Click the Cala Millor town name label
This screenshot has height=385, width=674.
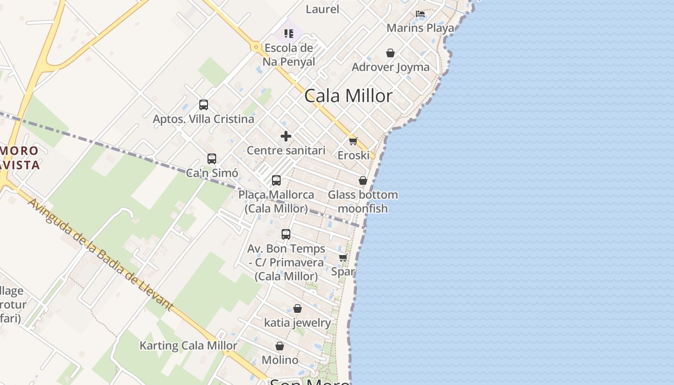pyautogui.click(x=349, y=96)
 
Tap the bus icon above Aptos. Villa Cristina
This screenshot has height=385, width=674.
pyautogui.click(x=204, y=105)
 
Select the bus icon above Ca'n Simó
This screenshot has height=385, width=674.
pyautogui.click(x=212, y=159)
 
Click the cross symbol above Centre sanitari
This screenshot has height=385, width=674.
pyautogui.click(x=286, y=136)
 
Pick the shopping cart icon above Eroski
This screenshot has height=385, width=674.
pyautogui.click(x=353, y=141)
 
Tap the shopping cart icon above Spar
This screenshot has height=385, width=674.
pyautogui.click(x=343, y=258)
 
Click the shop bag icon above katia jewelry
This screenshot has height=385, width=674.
pyautogui.click(x=298, y=308)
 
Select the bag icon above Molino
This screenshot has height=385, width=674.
pyautogui.click(x=280, y=346)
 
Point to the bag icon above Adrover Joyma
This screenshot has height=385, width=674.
pyautogui.click(x=390, y=52)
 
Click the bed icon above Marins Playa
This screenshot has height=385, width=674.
pyautogui.click(x=420, y=14)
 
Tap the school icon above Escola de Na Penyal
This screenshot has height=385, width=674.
pyautogui.click(x=289, y=33)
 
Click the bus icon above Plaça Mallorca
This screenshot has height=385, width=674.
pyautogui.click(x=276, y=180)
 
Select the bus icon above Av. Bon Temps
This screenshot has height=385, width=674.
pyautogui.click(x=286, y=234)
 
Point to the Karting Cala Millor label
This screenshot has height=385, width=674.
pyautogui.click(x=188, y=346)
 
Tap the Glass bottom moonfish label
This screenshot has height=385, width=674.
pyautogui.click(x=363, y=202)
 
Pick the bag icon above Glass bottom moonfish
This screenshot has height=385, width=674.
pyautogui.click(x=363, y=181)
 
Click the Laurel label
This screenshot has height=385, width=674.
pyautogui.click(x=323, y=9)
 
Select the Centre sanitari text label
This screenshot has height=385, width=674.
pyautogui.click(x=286, y=150)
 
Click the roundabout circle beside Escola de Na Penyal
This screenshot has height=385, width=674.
pyautogui.click(x=256, y=47)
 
